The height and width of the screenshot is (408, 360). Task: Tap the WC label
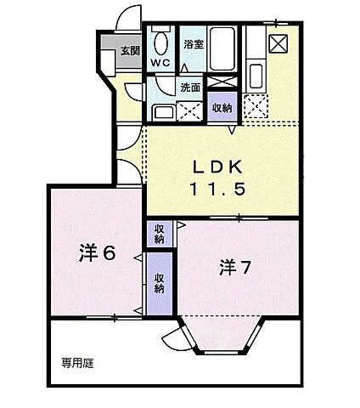pos(160,63)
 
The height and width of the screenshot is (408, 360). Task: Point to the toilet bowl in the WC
pos(160,42)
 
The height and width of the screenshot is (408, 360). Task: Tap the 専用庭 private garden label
pos(76,362)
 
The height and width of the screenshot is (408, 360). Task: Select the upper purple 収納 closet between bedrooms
pos(159,232)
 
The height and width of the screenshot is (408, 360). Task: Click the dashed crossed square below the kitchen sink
pos(254,105)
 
